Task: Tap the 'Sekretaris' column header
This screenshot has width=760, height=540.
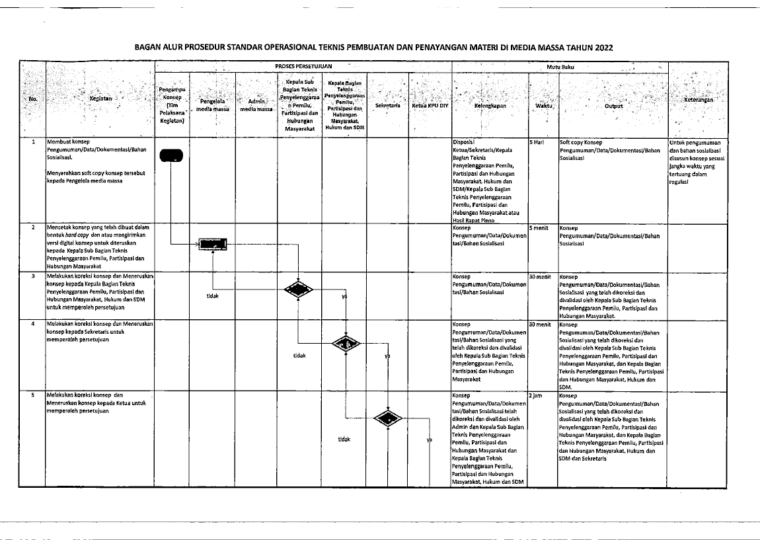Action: pyautogui.click(x=387, y=105)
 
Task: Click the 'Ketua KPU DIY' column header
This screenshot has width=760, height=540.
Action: pyautogui.click(x=430, y=105)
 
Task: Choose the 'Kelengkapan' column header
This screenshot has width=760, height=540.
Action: pyautogui.click(x=489, y=105)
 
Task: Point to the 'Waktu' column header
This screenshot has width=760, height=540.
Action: pyautogui.click(x=543, y=105)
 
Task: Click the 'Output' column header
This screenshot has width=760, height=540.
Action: pyautogui.click(x=613, y=105)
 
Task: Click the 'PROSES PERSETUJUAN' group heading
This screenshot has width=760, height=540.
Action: pyautogui.click(x=303, y=66)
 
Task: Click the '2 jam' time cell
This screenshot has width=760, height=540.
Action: pyautogui.click(x=537, y=395)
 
